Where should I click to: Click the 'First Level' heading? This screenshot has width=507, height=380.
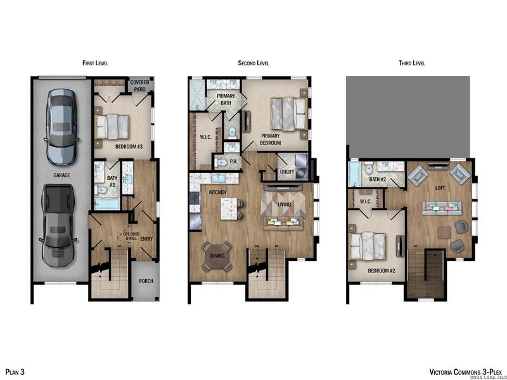tap(96, 63)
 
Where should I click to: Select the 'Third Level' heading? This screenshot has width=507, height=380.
tap(412, 63)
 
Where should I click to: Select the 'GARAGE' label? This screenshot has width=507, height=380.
tap(62, 175)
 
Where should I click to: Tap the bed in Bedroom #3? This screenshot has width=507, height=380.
tap(114, 125)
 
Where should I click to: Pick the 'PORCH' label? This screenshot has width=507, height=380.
tap(146, 281)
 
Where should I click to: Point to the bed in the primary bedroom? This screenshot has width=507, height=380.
tap(287, 115)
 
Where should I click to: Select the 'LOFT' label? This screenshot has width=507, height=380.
tap(440, 188)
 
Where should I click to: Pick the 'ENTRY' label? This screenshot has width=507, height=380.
tap(146, 239)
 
